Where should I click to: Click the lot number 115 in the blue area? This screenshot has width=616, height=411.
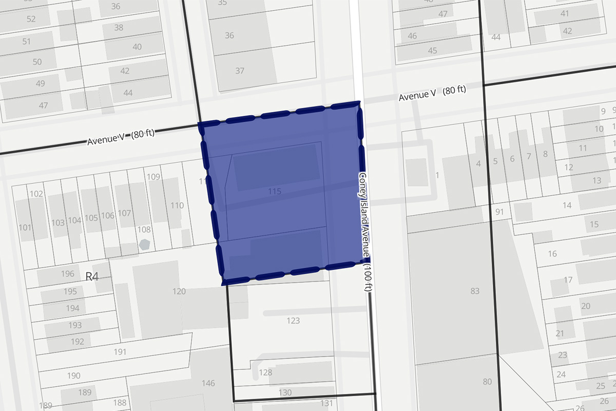pos(275,191)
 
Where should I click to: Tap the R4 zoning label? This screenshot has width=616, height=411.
pos(92,277)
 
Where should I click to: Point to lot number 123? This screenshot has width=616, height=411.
pos(293,321)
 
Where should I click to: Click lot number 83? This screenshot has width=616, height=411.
pos(474,291)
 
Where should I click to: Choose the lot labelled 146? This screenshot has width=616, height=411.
pos(208,383)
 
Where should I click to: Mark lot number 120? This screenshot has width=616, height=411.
pos(179,291)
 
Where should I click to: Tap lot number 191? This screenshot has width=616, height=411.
pos(120,351)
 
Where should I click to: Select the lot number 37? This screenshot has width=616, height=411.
pos(240,71)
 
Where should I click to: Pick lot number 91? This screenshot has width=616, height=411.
pos(500,212)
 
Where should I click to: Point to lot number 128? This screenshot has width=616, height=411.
pos(265,372)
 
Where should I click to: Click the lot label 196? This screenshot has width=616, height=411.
pos(68,274)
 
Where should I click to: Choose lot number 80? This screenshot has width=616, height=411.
pos(487,381)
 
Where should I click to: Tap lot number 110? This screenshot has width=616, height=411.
pos(177,206)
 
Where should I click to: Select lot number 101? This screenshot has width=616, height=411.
pos(25,227)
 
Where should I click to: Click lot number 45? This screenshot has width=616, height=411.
pos(432,50)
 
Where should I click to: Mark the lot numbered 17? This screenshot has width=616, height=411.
pos(568,280)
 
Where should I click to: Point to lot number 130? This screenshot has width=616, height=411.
pos(284,393)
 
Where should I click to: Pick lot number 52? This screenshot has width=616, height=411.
pos(31,19)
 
